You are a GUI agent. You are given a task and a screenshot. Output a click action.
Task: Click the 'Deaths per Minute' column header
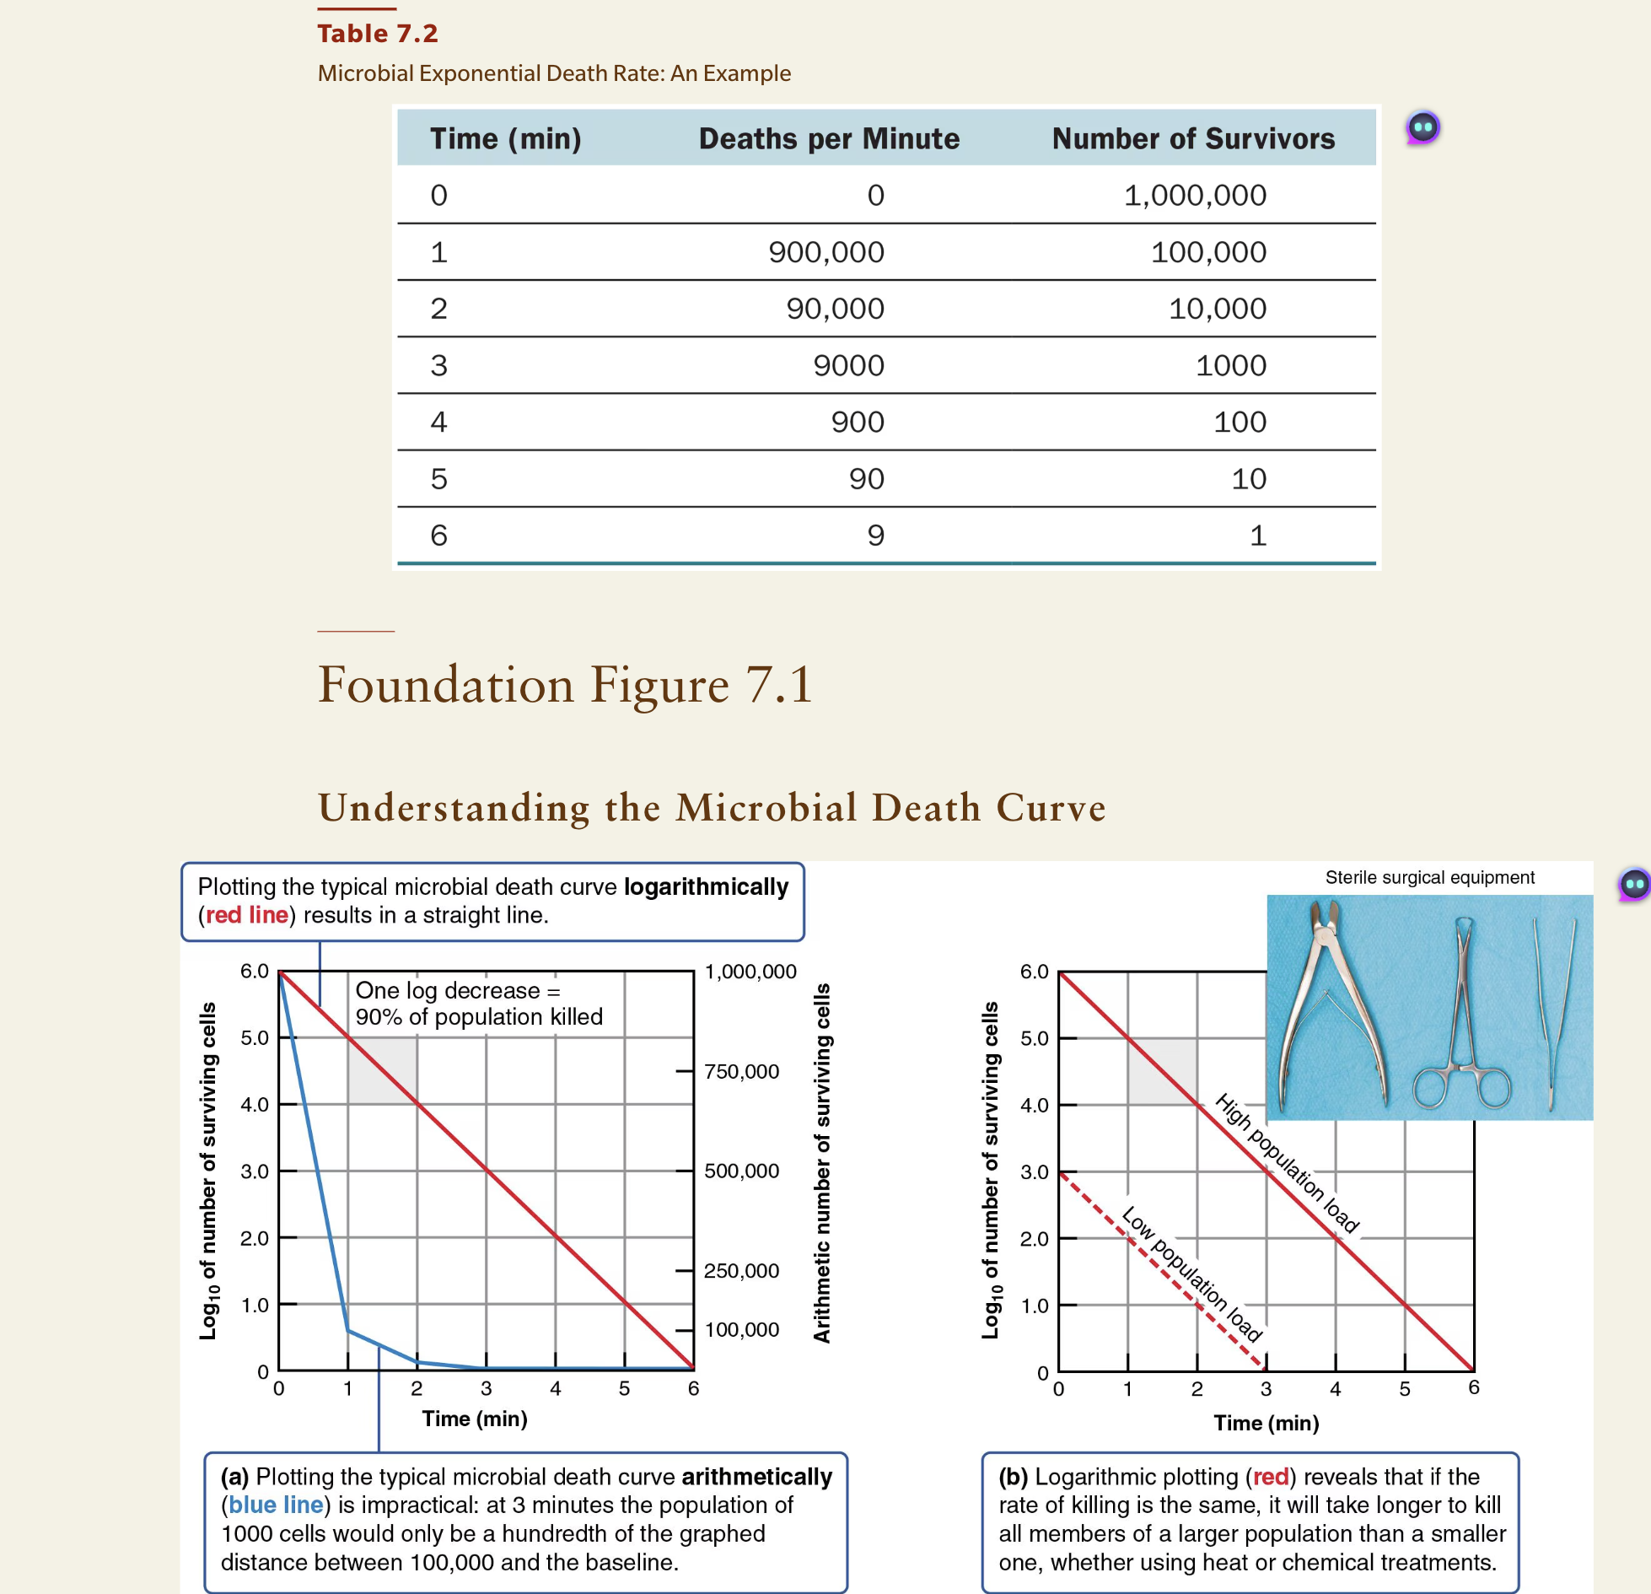829,138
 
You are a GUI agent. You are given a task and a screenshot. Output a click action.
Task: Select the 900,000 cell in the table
825,252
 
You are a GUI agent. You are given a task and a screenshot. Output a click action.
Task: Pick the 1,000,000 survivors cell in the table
1194,196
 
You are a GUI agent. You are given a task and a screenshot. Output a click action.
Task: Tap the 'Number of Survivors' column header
1192,138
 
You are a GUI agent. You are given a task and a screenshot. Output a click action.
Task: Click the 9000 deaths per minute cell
848,365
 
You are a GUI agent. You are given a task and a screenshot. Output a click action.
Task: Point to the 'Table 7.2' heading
377,34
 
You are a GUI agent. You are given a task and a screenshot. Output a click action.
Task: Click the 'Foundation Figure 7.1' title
565,684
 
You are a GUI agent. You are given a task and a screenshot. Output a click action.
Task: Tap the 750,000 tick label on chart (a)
741,1071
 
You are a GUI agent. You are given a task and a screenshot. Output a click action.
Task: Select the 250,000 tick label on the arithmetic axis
741,1270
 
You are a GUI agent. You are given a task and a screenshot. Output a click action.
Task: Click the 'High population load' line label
1287,1163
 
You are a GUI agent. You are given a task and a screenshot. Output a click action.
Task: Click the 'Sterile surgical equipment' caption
1429,877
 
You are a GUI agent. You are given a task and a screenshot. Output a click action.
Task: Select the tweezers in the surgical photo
1553,1012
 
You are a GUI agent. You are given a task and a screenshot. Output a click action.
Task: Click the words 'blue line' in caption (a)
276,1505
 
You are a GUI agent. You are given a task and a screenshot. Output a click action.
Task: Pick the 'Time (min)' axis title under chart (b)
1266,1423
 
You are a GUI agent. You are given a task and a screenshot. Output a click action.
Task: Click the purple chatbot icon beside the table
1422,128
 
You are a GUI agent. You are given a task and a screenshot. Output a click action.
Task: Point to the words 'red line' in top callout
247,915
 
